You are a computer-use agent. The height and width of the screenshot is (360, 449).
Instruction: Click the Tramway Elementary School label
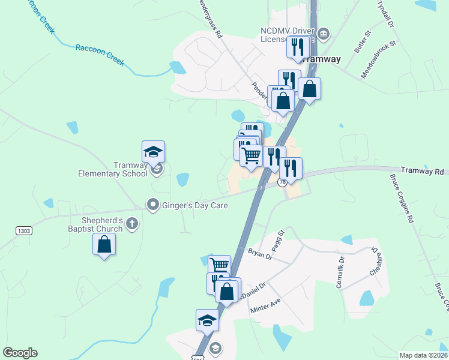[x=113, y=169]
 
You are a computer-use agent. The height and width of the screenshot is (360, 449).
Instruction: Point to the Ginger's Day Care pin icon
[x=153, y=205]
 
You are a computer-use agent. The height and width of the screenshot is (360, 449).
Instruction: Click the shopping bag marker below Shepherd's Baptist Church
[x=104, y=244]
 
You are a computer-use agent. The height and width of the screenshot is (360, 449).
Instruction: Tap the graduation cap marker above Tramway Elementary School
[x=153, y=152]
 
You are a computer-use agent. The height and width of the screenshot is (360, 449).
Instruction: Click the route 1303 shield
[x=23, y=230]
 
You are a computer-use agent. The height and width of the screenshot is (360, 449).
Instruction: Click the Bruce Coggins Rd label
[x=402, y=199]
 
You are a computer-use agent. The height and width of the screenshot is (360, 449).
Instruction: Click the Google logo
[x=20, y=353]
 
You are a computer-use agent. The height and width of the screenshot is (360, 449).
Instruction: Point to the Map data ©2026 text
[x=423, y=355]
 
